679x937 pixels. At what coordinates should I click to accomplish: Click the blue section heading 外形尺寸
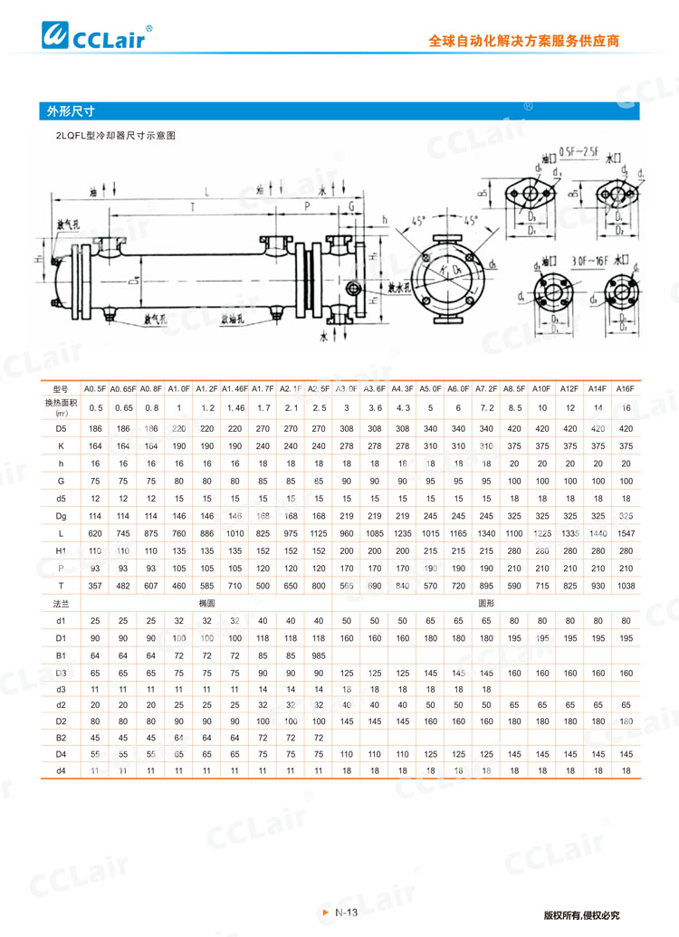(x=72, y=111)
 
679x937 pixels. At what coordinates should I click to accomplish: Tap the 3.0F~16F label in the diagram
(x=589, y=261)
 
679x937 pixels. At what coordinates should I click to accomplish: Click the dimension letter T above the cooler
(x=190, y=207)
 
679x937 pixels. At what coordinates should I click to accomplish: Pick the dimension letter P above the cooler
(x=308, y=207)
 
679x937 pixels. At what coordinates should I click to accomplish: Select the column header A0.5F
(x=96, y=388)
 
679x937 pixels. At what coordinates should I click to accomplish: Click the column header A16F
(x=625, y=388)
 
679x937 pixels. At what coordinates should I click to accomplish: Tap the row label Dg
(x=61, y=514)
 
